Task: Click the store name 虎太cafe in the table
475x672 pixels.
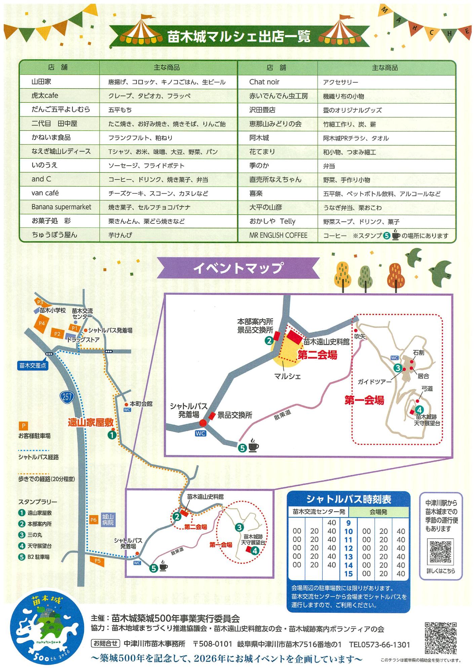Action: pos(45,96)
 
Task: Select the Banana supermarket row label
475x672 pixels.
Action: pos(61,207)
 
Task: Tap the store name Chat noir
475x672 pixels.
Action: pos(264,82)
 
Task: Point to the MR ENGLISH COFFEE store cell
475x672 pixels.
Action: pos(278,235)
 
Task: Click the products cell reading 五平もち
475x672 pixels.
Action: pos(120,110)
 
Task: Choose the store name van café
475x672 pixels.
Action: pos(45,193)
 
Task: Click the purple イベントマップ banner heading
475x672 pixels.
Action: pos(238,268)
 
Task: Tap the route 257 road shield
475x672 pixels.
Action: pos(67,396)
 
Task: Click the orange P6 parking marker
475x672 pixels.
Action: pos(93,520)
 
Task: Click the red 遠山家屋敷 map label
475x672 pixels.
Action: pos(91,422)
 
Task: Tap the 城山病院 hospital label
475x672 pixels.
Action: pos(108,520)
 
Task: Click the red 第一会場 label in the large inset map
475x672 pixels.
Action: pos(364,400)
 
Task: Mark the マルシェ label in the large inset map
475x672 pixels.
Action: pos(287,376)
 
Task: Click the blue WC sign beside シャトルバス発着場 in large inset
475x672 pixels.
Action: pos(200,433)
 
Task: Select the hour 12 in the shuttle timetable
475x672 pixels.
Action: pos(349,548)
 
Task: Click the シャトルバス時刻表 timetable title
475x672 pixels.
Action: pos(349,500)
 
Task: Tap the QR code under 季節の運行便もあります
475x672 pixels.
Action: pos(440,552)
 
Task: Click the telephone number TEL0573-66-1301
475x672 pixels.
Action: pos(380,644)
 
